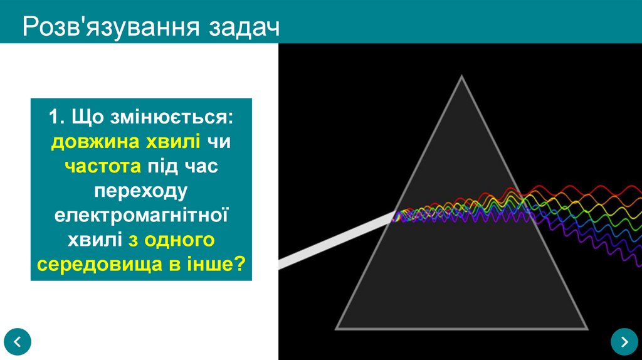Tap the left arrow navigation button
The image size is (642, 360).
(17, 341)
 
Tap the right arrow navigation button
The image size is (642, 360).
(624, 341)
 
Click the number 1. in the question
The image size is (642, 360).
(58, 118)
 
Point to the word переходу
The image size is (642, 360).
(141, 191)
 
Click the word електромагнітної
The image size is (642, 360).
(141, 215)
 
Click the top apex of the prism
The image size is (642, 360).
(462, 77)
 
